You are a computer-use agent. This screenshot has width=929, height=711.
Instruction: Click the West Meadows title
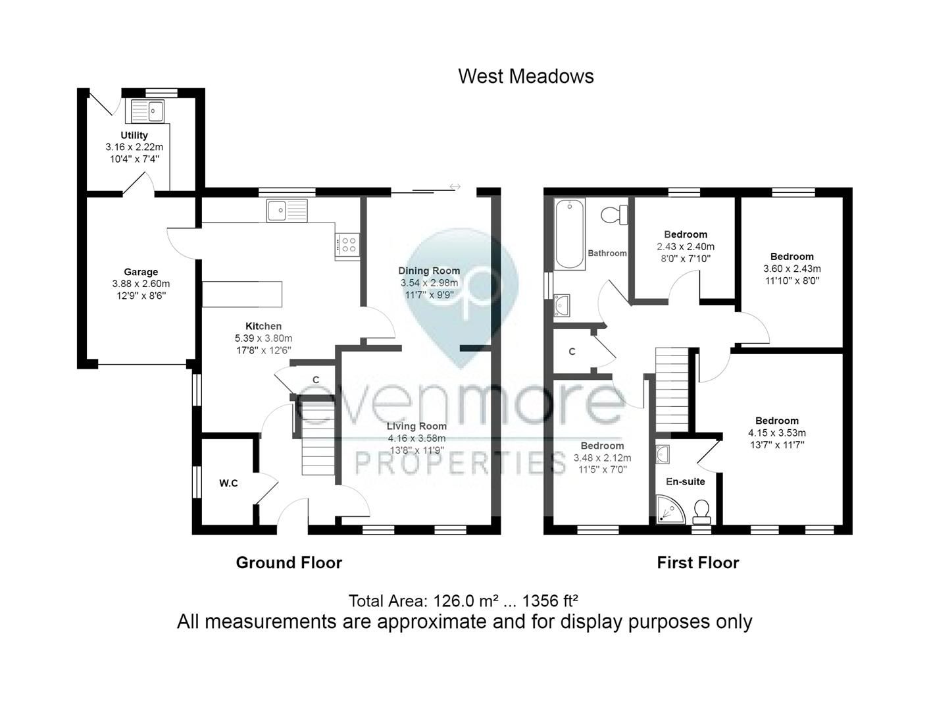(x=526, y=76)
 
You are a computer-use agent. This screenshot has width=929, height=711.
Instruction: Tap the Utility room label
(x=134, y=135)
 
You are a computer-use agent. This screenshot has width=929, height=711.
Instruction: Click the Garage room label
(x=141, y=272)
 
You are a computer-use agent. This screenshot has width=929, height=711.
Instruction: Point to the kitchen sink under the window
(x=287, y=211)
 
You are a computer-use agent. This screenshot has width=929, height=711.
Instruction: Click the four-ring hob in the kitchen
(x=347, y=246)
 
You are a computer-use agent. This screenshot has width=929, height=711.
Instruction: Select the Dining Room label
(x=429, y=271)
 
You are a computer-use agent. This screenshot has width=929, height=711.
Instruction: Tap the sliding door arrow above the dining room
(x=455, y=187)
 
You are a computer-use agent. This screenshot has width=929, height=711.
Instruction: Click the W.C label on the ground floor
(x=228, y=483)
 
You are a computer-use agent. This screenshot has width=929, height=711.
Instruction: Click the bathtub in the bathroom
(x=570, y=234)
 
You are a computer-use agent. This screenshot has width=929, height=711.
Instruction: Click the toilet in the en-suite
(x=701, y=511)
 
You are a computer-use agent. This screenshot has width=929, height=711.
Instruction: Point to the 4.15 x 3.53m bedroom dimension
(x=777, y=433)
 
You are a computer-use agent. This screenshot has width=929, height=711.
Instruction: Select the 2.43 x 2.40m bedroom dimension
(x=686, y=247)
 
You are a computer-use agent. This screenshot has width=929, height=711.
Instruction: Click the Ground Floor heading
(x=289, y=563)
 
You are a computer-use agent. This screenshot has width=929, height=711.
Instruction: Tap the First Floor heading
(x=698, y=563)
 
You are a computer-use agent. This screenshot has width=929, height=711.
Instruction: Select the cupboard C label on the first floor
(x=572, y=352)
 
